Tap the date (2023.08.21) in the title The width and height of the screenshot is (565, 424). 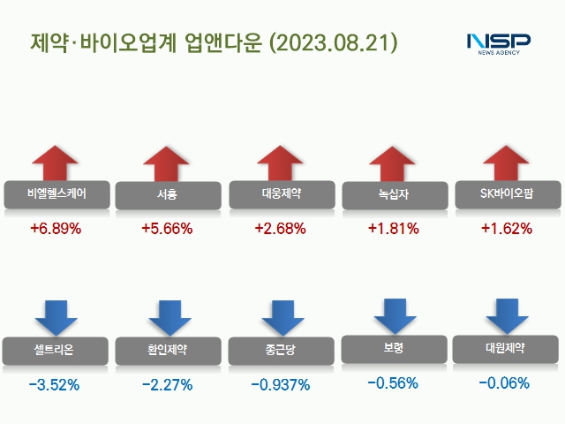(x=334, y=42)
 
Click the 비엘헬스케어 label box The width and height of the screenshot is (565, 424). (x=56, y=194)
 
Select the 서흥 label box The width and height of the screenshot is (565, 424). (x=169, y=194)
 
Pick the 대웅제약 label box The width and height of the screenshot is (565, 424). (x=282, y=193)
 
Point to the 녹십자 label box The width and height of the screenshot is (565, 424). (x=395, y=194)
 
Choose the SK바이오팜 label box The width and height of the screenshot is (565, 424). (x=507, y=193)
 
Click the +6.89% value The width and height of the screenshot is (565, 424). (x=56, y=229)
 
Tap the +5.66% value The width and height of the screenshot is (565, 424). (x=167, y=229)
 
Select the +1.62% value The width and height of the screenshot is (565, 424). (x=507, y=229)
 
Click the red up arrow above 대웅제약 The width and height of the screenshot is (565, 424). (x=282, y=163)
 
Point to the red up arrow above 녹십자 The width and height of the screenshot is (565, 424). (x=394, y=164)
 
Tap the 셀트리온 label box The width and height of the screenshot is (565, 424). (x=56, y=350)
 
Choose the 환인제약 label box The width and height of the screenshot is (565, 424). (x=169, y=350)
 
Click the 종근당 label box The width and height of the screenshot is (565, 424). (x=282, y=350)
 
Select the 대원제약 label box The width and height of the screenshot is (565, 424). (x=505, y=348)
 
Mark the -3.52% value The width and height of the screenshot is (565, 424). (x=55, y=384)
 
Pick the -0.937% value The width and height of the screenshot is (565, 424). (x=280, y=384)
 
